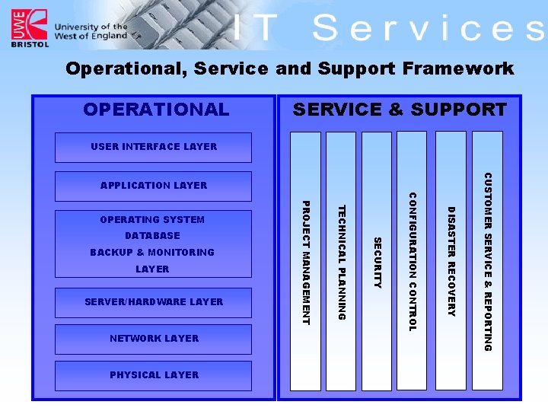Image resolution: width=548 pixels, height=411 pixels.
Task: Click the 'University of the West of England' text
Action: tap(91, 31)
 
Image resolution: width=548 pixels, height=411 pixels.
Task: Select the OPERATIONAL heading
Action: tap(156, 110)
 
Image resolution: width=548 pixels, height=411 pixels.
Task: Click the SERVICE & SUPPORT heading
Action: tap(400, 110)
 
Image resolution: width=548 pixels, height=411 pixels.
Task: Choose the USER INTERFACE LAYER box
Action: tap(153, 147)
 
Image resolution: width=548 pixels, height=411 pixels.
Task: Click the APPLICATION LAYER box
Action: tap(153, 186)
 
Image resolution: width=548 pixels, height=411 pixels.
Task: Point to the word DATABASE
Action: tap(152, 236)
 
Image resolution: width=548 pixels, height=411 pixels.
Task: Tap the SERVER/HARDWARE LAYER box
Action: tap(153, 302)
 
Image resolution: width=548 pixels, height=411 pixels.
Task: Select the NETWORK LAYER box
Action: tap(153, 339)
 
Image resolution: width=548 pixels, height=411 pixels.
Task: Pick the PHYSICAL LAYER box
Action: tap(153, 375)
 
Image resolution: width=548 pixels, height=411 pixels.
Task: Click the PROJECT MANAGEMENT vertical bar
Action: tap(306, 261)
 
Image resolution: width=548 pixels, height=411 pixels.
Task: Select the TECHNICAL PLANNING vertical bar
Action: tap(341, 261)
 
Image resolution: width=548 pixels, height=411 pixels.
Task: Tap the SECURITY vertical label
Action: tap(377, 263)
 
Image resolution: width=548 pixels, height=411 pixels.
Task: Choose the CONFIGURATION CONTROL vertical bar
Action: tap(413, 261)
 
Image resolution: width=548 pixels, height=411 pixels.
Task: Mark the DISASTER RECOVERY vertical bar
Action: tap(451, 261)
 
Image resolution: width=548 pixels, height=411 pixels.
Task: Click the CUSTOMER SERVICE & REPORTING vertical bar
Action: tap(488, 261)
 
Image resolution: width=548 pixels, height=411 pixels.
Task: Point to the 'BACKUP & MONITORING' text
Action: tap(152, 253)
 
